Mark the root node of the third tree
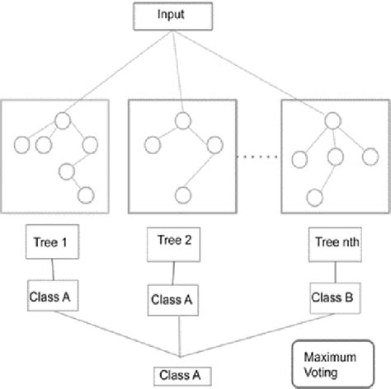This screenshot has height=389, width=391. tap(333, 120)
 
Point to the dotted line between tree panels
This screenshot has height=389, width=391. tap(258, 156)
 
